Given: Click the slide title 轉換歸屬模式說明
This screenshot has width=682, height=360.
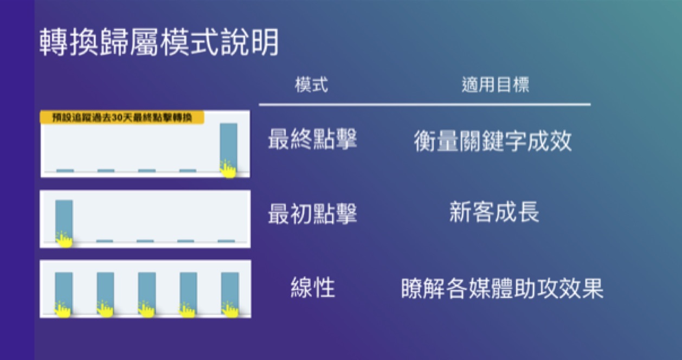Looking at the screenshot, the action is (x=159, y=42).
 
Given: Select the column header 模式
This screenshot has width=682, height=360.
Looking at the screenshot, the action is (x=312, y=85).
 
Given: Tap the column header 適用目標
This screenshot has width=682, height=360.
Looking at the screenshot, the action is (x=496, y=85).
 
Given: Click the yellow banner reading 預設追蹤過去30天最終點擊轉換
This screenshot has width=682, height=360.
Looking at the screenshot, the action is (x=122, y=117).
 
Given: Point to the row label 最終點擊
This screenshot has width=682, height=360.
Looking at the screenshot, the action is (x=312, y=139).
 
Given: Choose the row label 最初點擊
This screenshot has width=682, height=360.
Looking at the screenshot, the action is (x=312, y=214).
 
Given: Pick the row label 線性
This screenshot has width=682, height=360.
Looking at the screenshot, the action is (x=313, y=287).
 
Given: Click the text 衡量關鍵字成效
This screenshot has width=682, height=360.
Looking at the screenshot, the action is (x=493, y=141).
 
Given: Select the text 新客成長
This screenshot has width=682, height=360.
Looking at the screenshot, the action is (x=494, y=212).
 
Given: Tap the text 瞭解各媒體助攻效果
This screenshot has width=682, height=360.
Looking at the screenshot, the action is (x=503, y=288).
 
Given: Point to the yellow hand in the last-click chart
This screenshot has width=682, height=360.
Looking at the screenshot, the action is (x=228, y=169).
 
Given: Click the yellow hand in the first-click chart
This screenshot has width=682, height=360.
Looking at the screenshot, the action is (x=64, y=239).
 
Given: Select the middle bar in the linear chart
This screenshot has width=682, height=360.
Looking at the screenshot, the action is (x=147, y=293).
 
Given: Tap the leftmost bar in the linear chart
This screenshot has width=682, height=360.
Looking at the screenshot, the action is (x=64, y=293).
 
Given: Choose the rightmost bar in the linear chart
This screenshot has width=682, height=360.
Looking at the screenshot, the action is (x=230, y=293).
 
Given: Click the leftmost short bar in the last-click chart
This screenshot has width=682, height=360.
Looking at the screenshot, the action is (x=65, y=171).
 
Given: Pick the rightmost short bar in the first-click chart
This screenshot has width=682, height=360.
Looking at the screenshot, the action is (x=226, y=241).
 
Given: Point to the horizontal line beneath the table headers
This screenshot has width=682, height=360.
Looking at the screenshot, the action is (x=424, y=105).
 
